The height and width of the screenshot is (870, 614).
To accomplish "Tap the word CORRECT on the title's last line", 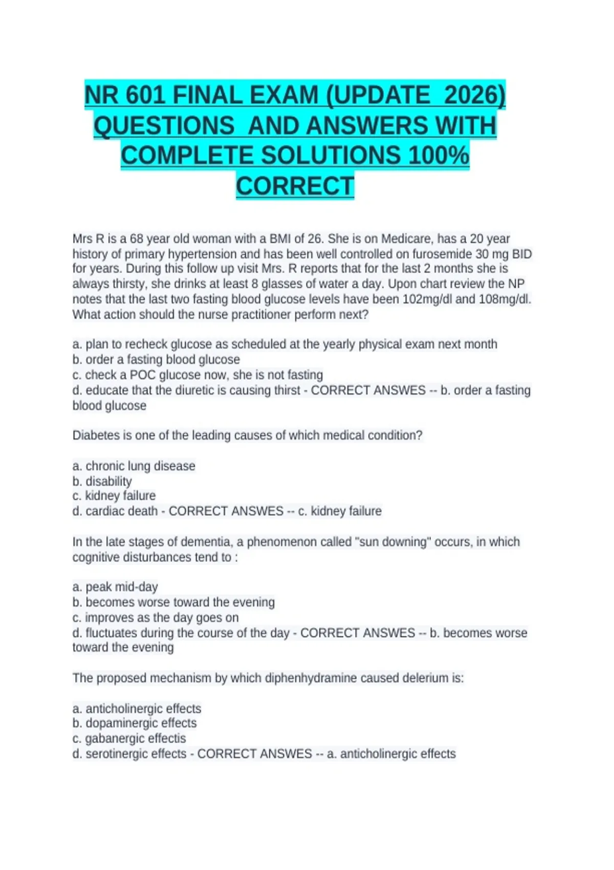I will pyautogui.click(x=295, y=186).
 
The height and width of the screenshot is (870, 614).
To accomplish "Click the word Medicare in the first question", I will pyautogui.click(x=405, y=239).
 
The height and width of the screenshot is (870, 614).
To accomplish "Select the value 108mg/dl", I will pyautogui.click(x=504, y=299).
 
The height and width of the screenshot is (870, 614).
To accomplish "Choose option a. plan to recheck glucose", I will pyautogui.click(x=284, y=344).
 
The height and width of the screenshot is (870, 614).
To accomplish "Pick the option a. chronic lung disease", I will pyautogui.click(x=134, y=466).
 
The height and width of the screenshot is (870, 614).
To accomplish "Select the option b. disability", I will pyautogui.click(x=102, y=482).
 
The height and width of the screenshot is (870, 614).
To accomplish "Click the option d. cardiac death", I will pyautogui.click(x=115, y=511).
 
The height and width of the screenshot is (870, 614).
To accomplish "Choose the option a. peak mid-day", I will pyautogui.click(x=115, y=587).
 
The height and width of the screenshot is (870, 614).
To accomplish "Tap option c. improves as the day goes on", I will pyautogui.click(x=156, y=618).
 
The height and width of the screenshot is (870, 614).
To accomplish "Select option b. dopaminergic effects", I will pyautogui.click(x=135, y=723).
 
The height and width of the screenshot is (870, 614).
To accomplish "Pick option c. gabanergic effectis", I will pyautogui.click(x=129, y=738).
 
